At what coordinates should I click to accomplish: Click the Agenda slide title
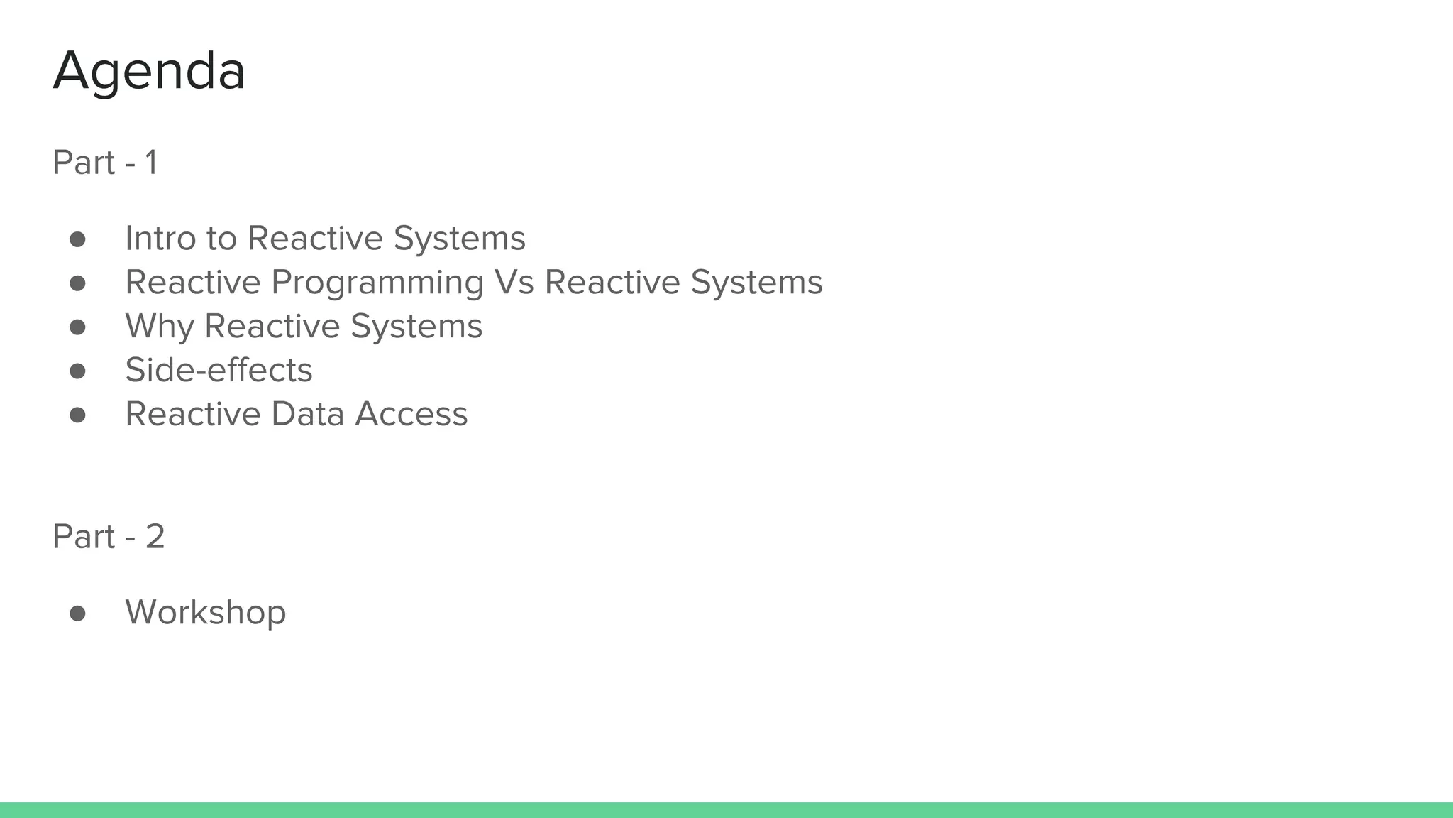(x=149, y=71)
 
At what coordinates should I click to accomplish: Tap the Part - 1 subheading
(x=105, y=163)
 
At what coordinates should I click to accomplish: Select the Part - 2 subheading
(x=109, y=536)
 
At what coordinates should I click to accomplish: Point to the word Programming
(x=377, y=283)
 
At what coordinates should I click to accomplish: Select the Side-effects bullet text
(x=219, y=370)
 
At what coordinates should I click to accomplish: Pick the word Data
(x=308, y=414)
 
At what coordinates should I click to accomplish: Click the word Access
(x=411, y=414)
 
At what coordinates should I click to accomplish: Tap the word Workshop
(x=206, y=612)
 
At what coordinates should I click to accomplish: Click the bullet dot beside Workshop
(x=77, y=613)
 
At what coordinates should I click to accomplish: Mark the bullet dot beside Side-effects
(x=77, y=371)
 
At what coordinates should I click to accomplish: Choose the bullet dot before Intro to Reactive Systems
(x=77, y=239)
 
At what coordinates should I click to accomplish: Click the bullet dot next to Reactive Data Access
(x=77, y=415)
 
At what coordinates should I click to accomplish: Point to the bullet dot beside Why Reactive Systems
(x=77, y=327)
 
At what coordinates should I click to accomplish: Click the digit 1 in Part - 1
(x=150, y=163)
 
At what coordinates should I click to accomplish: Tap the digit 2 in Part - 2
(x=155, y=536)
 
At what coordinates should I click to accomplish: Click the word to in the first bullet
(x=222, y=238)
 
